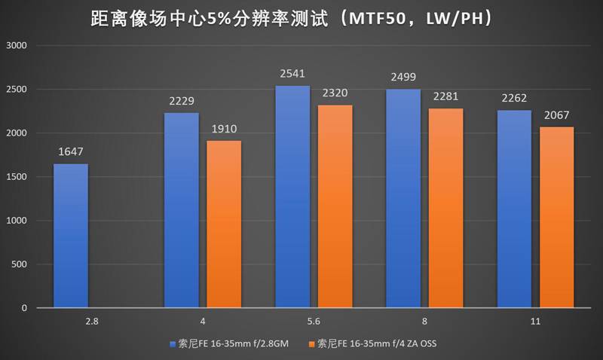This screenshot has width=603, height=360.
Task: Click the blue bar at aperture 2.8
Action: (x=70, y=236)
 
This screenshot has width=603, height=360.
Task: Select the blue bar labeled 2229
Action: (x=181, y=210)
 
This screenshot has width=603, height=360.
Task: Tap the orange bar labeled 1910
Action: (x=224, y=224)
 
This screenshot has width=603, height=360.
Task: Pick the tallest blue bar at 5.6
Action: (x=292, y=197)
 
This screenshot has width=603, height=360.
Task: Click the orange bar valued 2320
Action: (x=335, y=206)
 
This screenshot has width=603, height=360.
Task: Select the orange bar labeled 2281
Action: (x=445, y=208)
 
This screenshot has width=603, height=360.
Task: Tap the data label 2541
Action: (x=292, y=75)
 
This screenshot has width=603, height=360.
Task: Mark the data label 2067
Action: (x=556, y=116)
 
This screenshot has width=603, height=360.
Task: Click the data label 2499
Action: (x=403, y=78)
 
